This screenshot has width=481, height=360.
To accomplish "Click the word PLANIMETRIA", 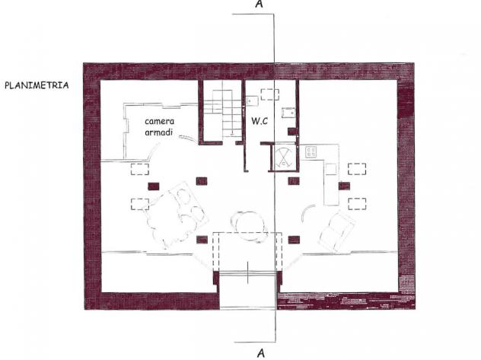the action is [37, 85].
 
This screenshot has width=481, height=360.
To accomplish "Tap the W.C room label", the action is [260, 121].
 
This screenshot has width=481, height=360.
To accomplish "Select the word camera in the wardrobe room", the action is [160, 121].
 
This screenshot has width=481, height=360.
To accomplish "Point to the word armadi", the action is [158, 132].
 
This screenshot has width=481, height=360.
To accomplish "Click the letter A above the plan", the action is [260, 4].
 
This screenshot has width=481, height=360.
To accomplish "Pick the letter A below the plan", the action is [260, 353].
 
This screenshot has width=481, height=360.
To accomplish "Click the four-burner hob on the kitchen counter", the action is [311, 152].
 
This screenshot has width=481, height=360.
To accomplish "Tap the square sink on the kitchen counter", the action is [331, 169].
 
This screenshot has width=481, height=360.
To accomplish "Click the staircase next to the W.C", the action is [223, 113].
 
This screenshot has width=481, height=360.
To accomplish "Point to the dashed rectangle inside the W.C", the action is [270, 94].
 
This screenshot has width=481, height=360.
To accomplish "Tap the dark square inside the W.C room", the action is [291, 131].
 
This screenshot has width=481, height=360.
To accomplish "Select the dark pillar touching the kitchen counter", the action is [344, 186].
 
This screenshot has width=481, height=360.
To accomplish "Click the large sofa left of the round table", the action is [176, 215].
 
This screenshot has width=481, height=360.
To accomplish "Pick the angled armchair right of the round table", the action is [336, 231].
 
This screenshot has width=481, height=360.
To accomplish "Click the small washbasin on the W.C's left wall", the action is [252, 100].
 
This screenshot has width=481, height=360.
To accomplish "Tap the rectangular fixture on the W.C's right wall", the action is [288, 113].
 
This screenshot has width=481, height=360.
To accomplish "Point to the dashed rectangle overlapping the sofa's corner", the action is [140, 204].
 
